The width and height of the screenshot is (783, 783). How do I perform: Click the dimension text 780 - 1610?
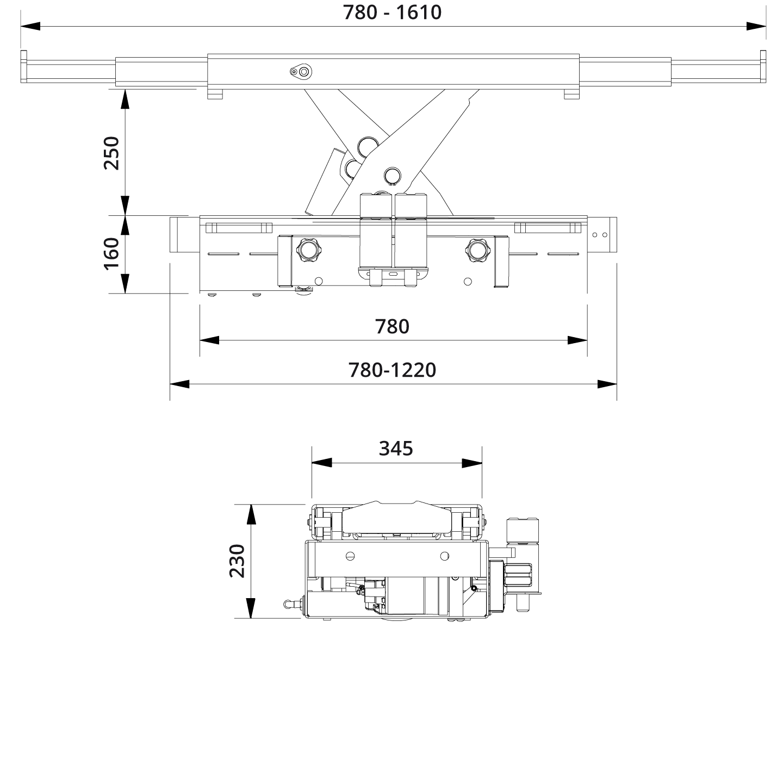392,12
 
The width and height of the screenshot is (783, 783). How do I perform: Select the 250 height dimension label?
111,153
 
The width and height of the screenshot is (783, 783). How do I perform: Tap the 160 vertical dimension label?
111,253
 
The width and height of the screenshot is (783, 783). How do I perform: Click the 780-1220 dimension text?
392,370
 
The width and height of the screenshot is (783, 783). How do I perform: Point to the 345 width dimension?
396,449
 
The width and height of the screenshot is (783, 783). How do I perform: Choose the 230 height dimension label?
237,561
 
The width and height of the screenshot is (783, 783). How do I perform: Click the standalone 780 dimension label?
392,326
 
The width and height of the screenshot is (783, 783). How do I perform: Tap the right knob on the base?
477,250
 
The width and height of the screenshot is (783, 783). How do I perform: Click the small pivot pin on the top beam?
300,71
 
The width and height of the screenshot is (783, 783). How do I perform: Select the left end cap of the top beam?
23,66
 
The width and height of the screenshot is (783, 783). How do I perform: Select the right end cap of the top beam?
763,66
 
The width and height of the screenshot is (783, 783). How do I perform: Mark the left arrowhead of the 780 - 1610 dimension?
30,26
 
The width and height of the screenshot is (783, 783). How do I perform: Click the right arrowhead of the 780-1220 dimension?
607,384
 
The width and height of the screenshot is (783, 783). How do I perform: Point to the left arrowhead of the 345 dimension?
321,463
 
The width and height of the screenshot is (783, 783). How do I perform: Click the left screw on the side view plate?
351,556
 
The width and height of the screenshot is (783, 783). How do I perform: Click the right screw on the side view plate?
444,556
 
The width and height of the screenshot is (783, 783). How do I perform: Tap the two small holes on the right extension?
600,235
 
